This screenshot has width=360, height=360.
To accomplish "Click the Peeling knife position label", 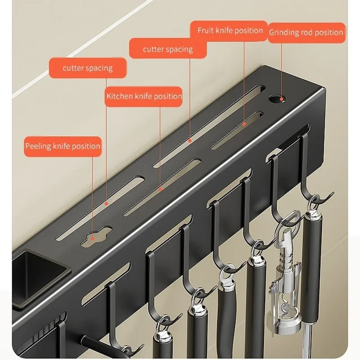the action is tap(62, 146).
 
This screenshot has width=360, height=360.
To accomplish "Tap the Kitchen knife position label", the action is tap(143, 96).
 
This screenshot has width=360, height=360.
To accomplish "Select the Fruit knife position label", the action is tap(229, 31).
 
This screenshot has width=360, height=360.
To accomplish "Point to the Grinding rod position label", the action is tap(306, 32).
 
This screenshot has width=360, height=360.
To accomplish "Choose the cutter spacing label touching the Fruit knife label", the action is tap(168, 49).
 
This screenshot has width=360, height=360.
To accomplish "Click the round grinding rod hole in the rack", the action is tap(276, 98).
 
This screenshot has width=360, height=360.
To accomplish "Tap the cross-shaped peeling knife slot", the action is tap(96, 236).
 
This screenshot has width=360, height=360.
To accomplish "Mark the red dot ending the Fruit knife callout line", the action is tap(244, 124).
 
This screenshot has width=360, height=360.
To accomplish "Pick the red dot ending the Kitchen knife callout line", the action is tap(160, 189).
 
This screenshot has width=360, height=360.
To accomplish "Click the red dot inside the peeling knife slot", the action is tap(92, 238).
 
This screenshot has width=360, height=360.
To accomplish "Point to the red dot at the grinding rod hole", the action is tap(281, 99).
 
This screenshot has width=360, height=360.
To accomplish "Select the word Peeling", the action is tap(38, 146).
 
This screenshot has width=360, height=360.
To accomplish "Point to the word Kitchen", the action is tap(119, 96).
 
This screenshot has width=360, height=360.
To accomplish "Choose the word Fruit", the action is tap(204, 30).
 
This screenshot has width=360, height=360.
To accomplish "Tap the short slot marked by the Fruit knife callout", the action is tap(237, 130).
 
